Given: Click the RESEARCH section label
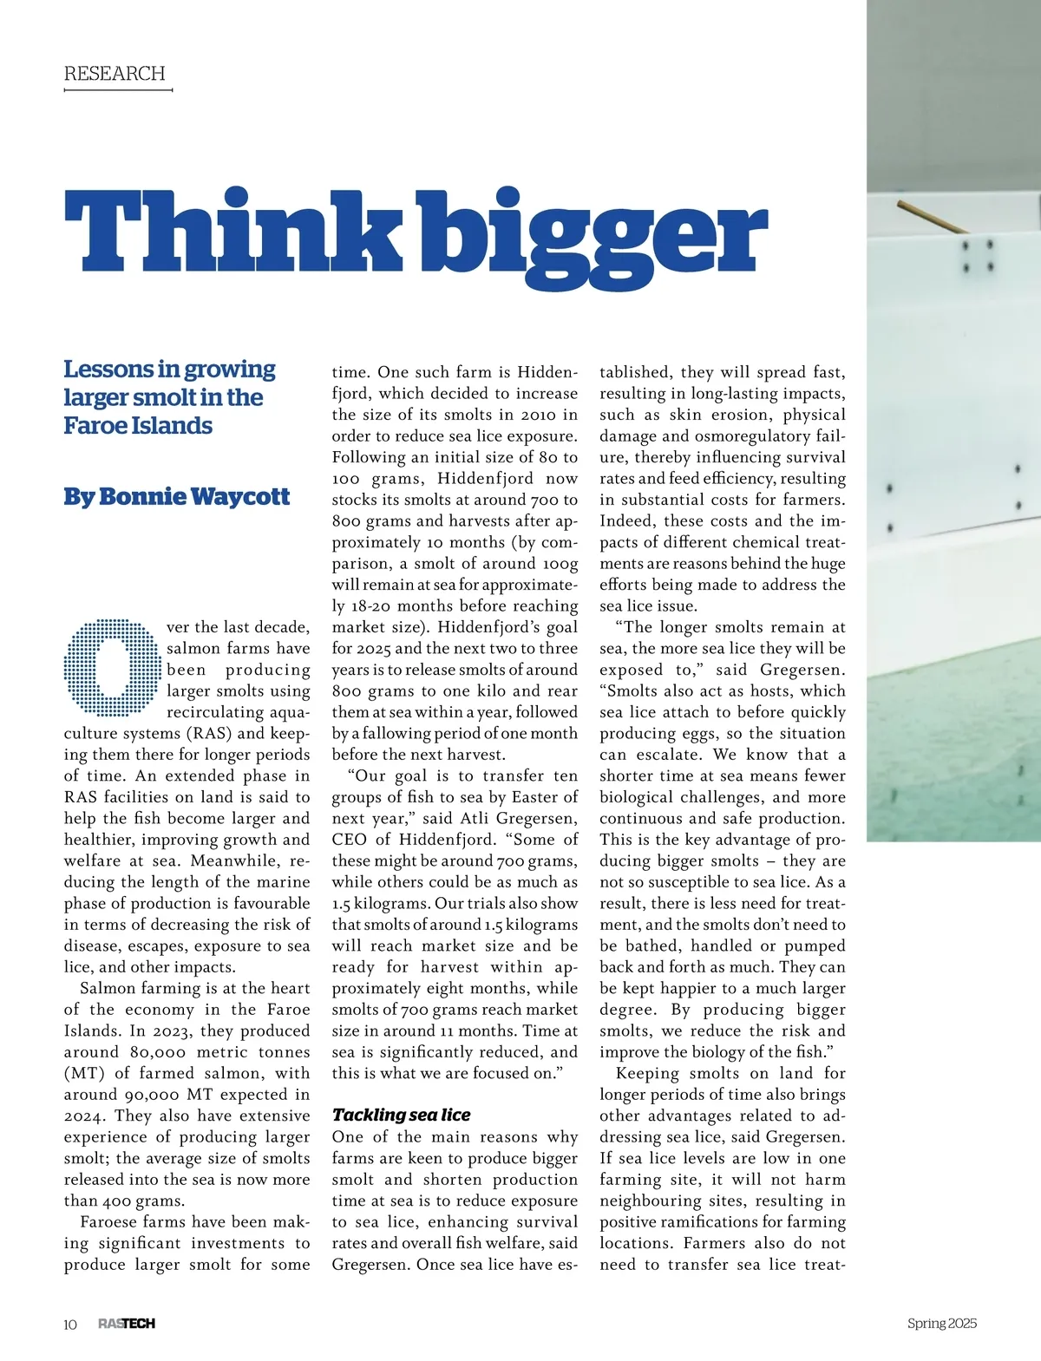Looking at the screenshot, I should tap(114, 74).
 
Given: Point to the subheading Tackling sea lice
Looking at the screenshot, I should tap(401, 1116).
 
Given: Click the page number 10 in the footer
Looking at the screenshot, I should tap(70, 1324).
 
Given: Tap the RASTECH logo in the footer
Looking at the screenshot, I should tap(127, 1324).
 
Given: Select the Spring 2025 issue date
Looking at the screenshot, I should tap(942, 1324).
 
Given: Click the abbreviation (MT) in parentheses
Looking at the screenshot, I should tap(85, 1074).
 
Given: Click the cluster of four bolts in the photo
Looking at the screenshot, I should tap(976, 256).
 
